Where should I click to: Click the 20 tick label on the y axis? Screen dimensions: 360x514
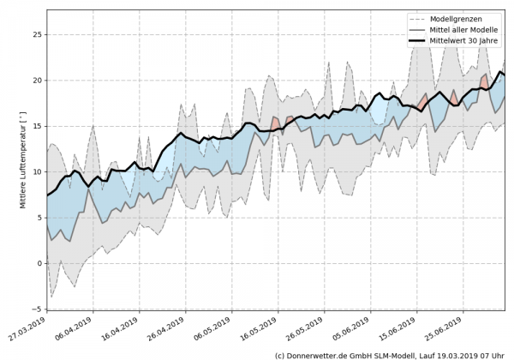click(x=36, y=81)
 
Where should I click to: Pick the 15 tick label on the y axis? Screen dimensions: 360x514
click(x=36, y=126)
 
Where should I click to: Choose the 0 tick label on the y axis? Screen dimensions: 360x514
click(x=39, y=263)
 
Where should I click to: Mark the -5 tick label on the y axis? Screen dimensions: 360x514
click(x=36, y=309)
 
